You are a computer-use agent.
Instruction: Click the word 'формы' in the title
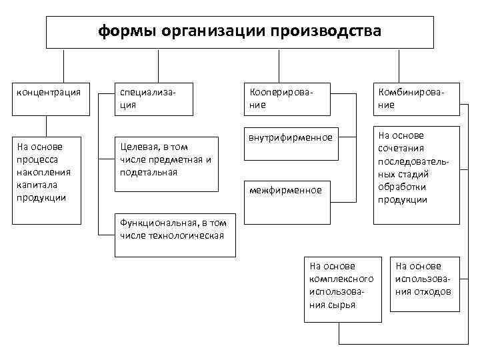(125, 32)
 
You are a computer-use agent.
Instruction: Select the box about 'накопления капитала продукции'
(48, 179)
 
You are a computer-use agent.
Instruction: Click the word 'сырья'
(341, 305)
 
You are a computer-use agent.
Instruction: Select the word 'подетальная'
(149, 172)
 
